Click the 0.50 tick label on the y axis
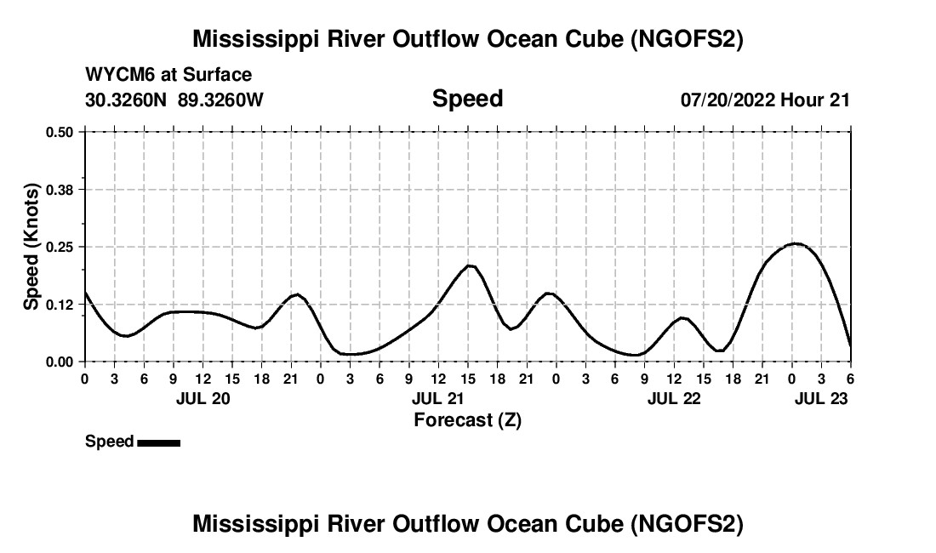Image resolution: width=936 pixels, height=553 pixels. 60,132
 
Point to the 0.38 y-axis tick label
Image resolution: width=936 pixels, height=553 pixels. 60,189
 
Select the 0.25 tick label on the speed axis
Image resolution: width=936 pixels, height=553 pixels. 60,247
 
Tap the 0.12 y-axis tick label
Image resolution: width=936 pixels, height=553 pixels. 60,304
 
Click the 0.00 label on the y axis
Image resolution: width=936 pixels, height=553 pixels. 60,362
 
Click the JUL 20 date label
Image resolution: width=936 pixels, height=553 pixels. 203,398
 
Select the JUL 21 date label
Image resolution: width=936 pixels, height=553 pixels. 438,398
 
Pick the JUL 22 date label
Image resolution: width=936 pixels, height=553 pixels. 674,398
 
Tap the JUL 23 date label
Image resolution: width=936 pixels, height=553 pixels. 821,398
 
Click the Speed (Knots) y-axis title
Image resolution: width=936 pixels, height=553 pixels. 31,247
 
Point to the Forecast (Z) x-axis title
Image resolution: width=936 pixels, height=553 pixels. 467,419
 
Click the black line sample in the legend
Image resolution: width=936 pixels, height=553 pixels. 158,442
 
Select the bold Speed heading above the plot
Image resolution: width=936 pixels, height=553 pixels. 467,99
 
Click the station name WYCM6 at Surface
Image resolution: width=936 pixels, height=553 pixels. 168,75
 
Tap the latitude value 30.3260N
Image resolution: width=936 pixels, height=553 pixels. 128,100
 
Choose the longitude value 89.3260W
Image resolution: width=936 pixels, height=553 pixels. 221,100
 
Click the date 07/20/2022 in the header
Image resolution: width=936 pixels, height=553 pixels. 728,100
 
